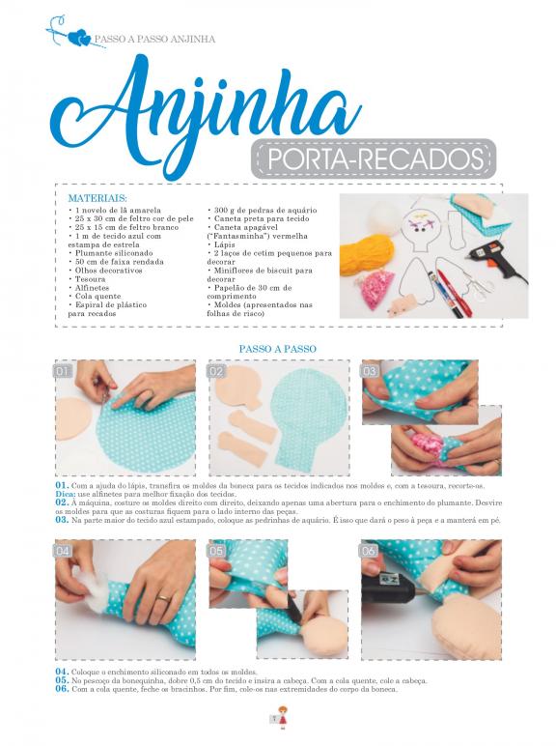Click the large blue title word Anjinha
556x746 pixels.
206,113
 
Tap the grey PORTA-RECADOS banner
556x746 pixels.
373,158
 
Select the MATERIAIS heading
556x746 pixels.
97,198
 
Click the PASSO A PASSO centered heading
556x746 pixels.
278,349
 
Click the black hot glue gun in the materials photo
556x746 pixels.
494,260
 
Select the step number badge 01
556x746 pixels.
63,371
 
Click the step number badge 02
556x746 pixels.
216,371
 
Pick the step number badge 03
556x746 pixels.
370,371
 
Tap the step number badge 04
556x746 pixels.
63,551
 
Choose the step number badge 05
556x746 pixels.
216,551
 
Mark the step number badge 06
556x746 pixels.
369,551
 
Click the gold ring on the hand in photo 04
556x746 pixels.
163,597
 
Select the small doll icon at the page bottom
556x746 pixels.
283,717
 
